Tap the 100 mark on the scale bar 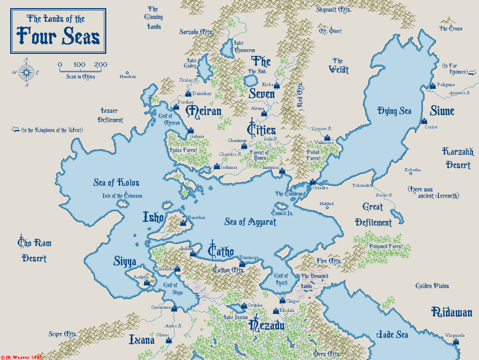tap(79, 65)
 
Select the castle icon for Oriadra tap(312, 182)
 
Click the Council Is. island tap(280, 205)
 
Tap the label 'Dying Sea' tap(394, 111)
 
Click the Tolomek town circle tap(371, 185)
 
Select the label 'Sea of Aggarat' tap(250, 222)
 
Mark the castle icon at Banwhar tap(183, 223)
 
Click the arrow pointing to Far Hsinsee tap(472, 73)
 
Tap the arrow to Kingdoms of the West tap(15, 130)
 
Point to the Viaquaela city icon tap(455, 342)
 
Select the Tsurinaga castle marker tap(242, 263)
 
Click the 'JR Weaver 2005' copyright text tap(22, 357)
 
